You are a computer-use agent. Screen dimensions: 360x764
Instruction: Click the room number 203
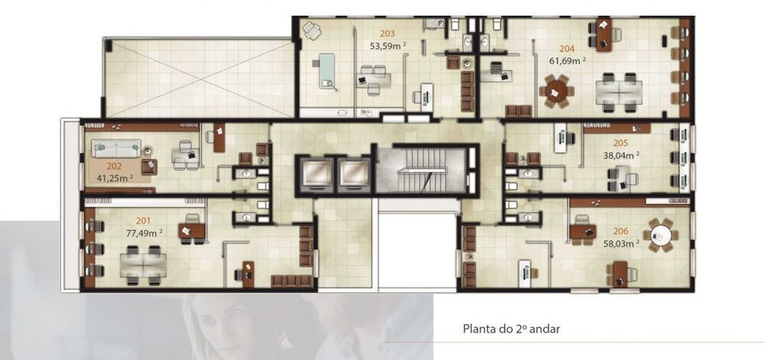(x=387, y=34)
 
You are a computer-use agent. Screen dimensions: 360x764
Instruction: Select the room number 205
(x=620, y=142)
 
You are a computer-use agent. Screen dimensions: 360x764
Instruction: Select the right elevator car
(x=353, y=174)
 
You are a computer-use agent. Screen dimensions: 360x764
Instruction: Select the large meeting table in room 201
(x=143, y=263)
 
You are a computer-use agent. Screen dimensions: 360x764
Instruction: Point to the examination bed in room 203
(x=329, y=68)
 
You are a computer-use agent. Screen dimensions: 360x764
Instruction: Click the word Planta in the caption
(x=481, y=329)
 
